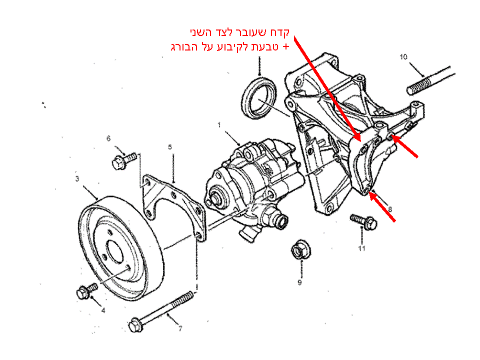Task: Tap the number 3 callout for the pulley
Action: coord(77,178)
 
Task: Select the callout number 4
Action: coord(103,310)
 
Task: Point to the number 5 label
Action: coord(170,147)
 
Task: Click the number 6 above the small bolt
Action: coord(108,138)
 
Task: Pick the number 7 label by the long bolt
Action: coord(180,328)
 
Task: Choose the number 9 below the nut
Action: coord(299,282)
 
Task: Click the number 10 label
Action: coord(404,56)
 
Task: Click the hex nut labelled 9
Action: coord(299,249)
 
